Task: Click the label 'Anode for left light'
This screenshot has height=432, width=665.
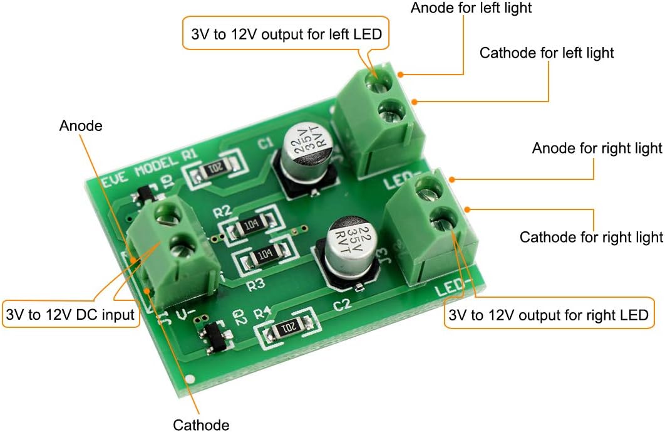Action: click(471, 9)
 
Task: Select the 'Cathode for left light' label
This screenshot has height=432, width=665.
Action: click(547, 53)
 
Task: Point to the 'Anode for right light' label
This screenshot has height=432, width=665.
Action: click(597, 149)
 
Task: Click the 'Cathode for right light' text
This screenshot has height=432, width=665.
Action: click(591, 237)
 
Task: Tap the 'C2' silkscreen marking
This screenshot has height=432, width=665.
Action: click(342, 305)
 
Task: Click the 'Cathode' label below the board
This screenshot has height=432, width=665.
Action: click(200, 424)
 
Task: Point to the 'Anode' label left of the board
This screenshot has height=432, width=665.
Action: click(81, 126)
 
